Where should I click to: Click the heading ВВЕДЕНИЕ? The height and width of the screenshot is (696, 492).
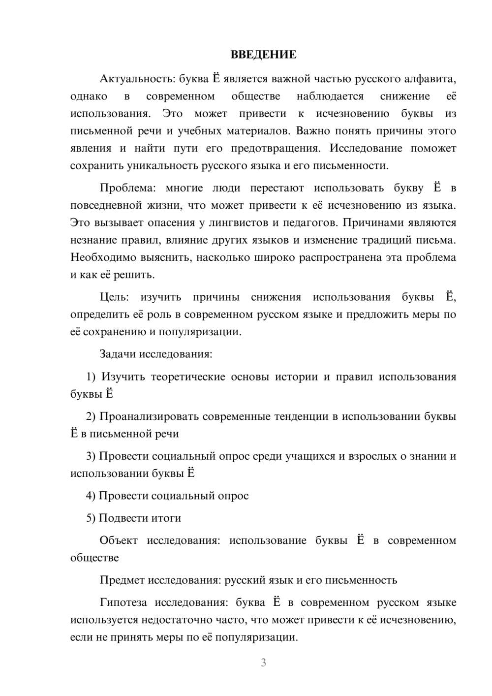coord(263,55)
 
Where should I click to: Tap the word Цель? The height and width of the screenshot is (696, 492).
coord(114,297)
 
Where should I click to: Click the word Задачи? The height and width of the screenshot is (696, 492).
coord(118,354)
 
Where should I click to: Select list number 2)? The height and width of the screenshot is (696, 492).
coord(91,417)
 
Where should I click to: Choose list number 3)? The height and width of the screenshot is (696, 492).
coord(91,456)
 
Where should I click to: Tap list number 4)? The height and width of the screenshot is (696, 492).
coord(91,496)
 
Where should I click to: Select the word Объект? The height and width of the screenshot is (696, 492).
coord(119,541)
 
